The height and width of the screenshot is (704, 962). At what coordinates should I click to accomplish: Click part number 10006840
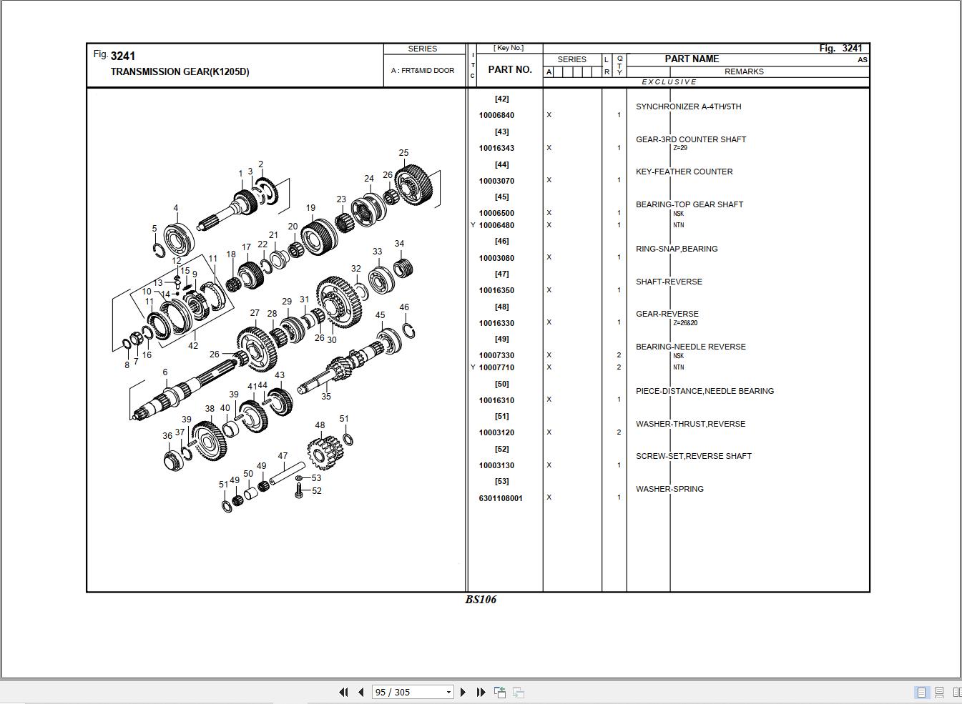496,115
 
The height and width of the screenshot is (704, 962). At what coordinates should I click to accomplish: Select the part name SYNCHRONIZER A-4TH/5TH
688,106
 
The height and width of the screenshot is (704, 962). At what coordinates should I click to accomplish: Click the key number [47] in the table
501,274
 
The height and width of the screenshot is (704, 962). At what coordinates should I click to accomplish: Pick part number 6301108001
501,498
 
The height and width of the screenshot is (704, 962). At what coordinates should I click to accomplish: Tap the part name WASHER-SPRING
669,489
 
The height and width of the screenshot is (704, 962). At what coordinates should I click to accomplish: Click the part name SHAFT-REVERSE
669,282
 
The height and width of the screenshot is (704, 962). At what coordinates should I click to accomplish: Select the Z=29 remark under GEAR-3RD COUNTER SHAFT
679,149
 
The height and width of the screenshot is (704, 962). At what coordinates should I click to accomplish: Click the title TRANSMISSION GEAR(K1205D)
180,71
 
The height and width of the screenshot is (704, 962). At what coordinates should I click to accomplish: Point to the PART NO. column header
510,69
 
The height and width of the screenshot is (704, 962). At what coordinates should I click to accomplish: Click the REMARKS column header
744,71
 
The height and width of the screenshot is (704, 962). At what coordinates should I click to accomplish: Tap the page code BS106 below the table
481,600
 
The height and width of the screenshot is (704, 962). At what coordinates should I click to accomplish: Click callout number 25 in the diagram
403,153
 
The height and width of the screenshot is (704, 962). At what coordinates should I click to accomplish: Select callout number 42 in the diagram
193,346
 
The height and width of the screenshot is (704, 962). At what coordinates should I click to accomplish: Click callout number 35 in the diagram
326,396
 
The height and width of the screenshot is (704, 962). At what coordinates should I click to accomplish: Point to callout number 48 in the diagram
320,425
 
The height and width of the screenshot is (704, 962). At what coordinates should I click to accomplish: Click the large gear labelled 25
414,184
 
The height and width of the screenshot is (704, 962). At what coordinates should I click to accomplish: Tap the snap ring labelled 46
408,330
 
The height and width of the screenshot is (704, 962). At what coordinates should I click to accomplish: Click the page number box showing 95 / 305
413,692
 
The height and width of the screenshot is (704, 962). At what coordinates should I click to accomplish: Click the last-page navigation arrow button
481,692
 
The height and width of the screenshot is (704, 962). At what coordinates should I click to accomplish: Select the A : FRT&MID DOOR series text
422,71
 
